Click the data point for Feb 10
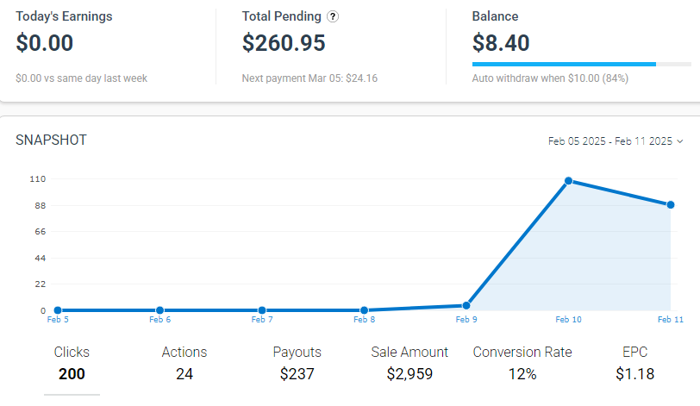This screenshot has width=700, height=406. pos(569,180)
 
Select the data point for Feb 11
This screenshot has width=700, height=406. pos(671,204)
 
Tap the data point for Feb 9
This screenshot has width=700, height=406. pos(466,305)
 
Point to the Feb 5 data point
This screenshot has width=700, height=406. pos(58,310)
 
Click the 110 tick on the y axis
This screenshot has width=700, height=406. pos(37,178)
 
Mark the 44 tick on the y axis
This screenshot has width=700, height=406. pos(40,258)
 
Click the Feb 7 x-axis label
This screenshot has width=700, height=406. pos(262,320)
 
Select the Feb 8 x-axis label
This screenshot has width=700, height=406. pos(364,320)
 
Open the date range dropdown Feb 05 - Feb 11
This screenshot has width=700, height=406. pos(616,141)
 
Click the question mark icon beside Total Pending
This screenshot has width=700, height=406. pos(333,16)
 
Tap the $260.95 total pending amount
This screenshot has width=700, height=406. pos(284,42)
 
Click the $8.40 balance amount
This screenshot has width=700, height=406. pos(501,42)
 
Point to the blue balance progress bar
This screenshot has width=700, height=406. pos(564,64)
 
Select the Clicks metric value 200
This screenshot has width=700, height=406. pos(72,374)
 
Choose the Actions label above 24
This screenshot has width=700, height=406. pos(184,352)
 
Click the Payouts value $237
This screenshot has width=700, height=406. pos(297,374)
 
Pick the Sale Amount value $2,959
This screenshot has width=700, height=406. pos(409,374)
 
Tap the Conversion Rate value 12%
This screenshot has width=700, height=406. pos(522,374)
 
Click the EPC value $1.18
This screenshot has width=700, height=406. pos(634,374)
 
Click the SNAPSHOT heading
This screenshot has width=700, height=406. pos(51,140)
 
